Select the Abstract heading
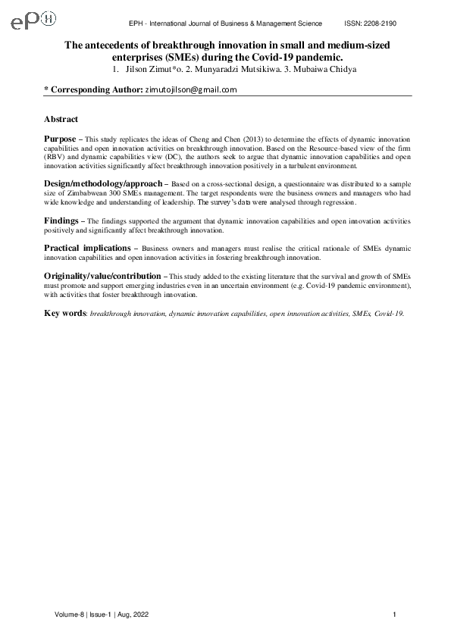(x=61, y=120)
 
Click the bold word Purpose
(x=60, y=140)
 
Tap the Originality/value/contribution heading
(x=102, y=277)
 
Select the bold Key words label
(x=64, y=313)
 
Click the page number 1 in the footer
(x=396, y=614)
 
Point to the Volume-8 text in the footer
(x=69, y=614)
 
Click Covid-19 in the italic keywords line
(x=389, y=314)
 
